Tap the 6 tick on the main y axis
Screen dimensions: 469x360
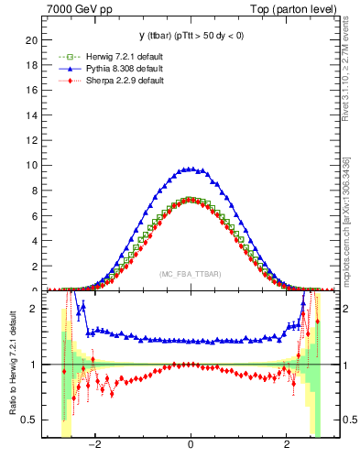34,216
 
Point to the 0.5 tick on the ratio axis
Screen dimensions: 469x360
29,420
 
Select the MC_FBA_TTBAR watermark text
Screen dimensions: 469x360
190,275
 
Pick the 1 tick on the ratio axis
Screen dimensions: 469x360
34,365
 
